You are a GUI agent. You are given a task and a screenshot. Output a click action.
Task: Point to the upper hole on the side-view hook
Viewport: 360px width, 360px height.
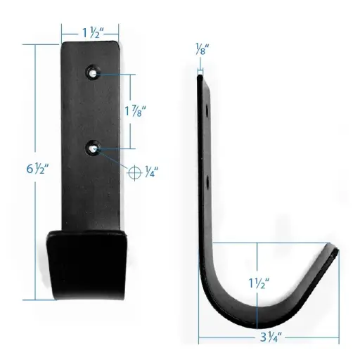[x=209, y=111]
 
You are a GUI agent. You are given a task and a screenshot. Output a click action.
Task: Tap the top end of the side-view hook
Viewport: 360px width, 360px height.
[x=200, y=79]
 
